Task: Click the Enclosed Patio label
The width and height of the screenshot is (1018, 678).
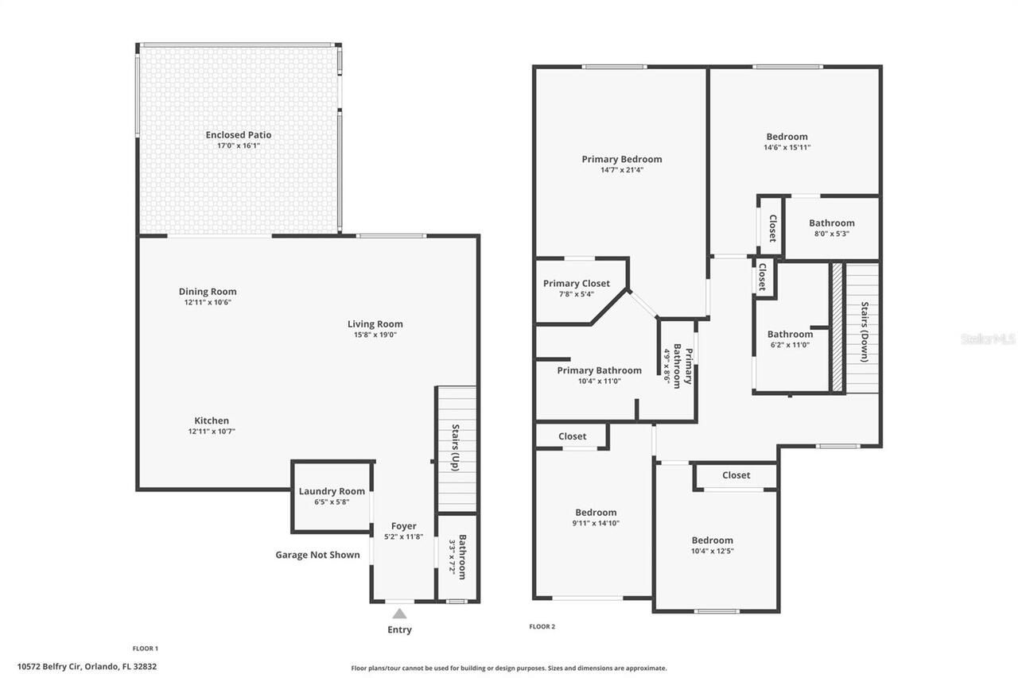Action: [239, 135]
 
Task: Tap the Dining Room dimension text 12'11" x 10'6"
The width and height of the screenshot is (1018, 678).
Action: [208, 303]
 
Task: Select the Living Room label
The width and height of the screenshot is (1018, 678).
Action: [375, 324]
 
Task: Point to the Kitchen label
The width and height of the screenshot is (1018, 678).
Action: [212, 420]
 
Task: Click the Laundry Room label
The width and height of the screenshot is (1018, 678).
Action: [332, 491]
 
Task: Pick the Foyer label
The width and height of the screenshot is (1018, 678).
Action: [403, 526]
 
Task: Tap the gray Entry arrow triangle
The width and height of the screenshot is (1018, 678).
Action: [400, 613]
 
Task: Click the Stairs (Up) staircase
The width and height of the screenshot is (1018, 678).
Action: [457, 449]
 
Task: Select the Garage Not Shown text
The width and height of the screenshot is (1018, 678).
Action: [317, 555]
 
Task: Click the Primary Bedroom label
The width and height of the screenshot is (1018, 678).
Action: [621, 159]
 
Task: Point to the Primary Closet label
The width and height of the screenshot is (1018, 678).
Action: [577, 284]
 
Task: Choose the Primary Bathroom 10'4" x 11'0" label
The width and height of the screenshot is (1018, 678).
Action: [599, 370]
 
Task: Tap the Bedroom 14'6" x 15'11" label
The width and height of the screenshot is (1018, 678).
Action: [787, 137]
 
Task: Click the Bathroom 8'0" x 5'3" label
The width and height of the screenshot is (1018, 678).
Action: [831, 223]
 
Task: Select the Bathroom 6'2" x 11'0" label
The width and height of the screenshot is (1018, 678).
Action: [790, 335]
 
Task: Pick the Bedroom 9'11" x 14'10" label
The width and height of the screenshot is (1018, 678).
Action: [596, 513]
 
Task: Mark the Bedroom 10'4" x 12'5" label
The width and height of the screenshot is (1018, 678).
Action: [712, 540]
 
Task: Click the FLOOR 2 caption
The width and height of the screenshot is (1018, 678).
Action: [542, 626]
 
